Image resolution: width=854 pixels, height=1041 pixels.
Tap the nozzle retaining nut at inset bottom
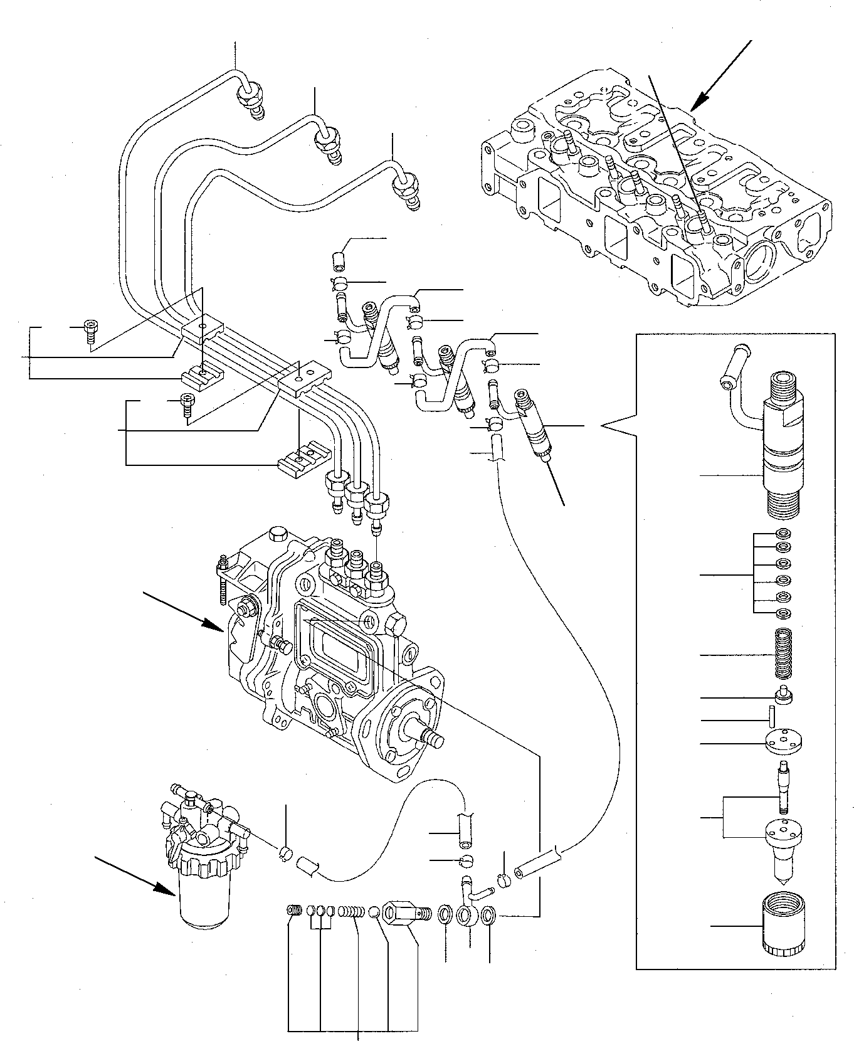[x=784, y=929]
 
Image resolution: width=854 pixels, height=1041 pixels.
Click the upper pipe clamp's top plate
[x=202, y=330]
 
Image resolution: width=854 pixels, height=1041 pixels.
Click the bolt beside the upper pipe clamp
[x=91, y=330]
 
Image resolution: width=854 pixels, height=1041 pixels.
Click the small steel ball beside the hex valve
[x=374, y=910]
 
